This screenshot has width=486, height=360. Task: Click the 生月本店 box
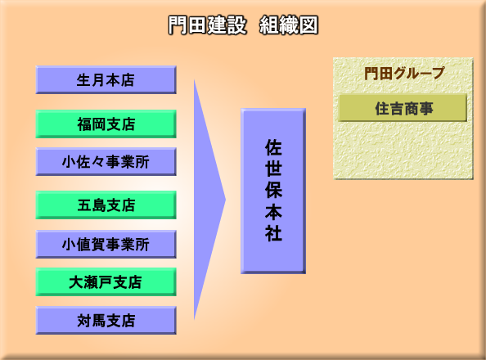click(x=106, y=79)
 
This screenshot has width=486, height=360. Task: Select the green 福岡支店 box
click(x=106, y=124)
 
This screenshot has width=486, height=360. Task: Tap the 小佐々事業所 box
click(x=106, y=161)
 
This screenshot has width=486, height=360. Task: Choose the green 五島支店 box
click(x=106, y=205)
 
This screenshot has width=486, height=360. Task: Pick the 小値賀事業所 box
click(x=106, y=244)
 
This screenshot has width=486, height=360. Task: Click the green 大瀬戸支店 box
click(x=106, y=281)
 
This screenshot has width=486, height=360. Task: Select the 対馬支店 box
click(x=106, y=320)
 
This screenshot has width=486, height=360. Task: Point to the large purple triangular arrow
click(x=206, y=200)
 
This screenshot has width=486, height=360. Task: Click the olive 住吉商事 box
click(x=403, y=108)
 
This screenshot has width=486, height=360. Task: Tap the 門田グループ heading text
click(x=404, y=74)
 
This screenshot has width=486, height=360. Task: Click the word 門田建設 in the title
click(x=207, y=25)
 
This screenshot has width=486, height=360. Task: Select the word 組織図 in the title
click(x=289, y=25)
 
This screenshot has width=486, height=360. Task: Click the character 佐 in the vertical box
click(x=273, y=147)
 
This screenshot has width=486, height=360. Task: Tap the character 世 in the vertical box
click(x=273, y=169)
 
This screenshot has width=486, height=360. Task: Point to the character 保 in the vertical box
click(x=273, y=190)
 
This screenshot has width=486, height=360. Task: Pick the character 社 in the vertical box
click(x=273, y=233)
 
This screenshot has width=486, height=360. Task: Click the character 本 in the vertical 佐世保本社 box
click(x=273, y=211)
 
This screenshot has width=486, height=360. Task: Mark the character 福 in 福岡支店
click(x=84, y=124)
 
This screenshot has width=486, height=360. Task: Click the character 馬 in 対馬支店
click(x=99, y=321)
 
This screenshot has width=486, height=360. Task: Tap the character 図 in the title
click(x=308, y=25)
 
